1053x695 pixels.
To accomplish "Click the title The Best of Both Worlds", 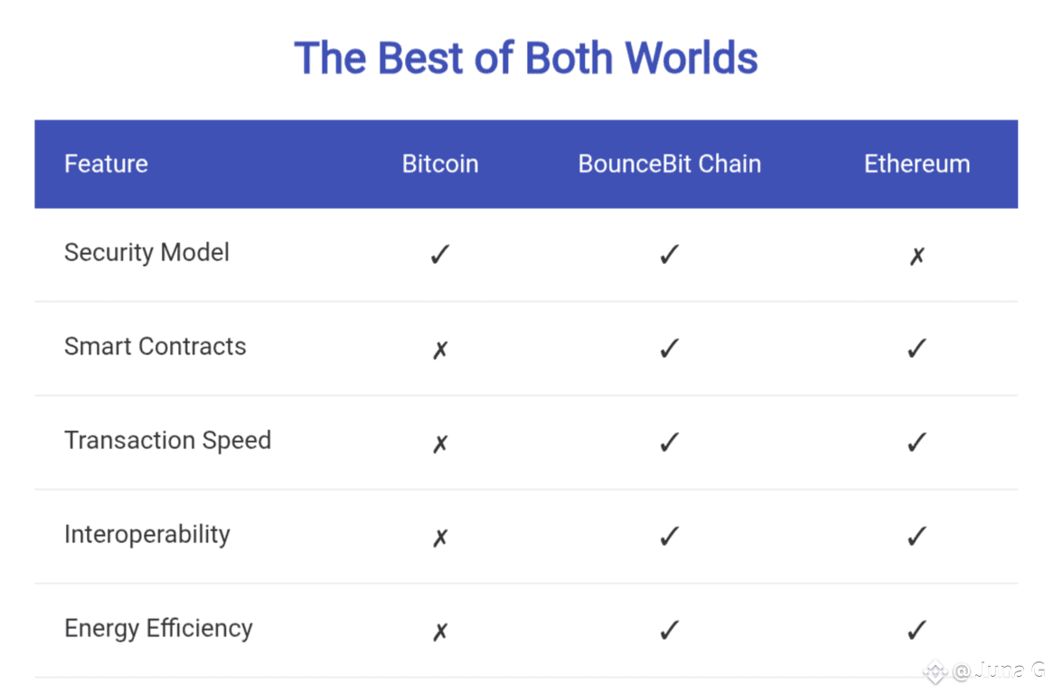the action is (x=526, y=58).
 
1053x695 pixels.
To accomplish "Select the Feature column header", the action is (x=106, y=164).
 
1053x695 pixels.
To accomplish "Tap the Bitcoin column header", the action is (x=440, y=164).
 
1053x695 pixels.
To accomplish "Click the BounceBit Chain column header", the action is (x=670, y=164).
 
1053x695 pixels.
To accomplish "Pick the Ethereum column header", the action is (x=917, y=164).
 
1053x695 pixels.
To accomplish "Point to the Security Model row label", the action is (x=147, y=253).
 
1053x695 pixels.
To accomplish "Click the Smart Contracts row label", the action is (x=155, y=346).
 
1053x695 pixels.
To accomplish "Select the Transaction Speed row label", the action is (x=168, y=440).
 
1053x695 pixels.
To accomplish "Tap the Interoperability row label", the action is (x=147, y=534).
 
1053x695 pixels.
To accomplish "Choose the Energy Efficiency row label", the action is (x=158, y=628).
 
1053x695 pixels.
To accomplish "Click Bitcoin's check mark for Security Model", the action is (x=440, y=255).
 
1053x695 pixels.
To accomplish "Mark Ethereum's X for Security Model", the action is (x=917, y=256).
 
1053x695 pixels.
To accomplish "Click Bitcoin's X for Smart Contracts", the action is (x=440, y=350).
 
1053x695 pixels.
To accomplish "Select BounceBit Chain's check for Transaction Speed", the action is (x=670, y=443).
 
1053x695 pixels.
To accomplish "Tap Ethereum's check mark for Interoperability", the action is (x=917, y=537).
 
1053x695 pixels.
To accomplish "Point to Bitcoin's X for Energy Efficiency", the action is (x=440, y=632).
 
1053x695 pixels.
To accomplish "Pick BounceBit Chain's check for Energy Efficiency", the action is (x=670, y=631).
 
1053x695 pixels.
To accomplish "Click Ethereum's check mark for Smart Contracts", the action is (x=917, y=349).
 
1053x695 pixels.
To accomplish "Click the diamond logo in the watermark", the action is (x=935, y=672).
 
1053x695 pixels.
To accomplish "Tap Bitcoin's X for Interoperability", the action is (x=440, y=538).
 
